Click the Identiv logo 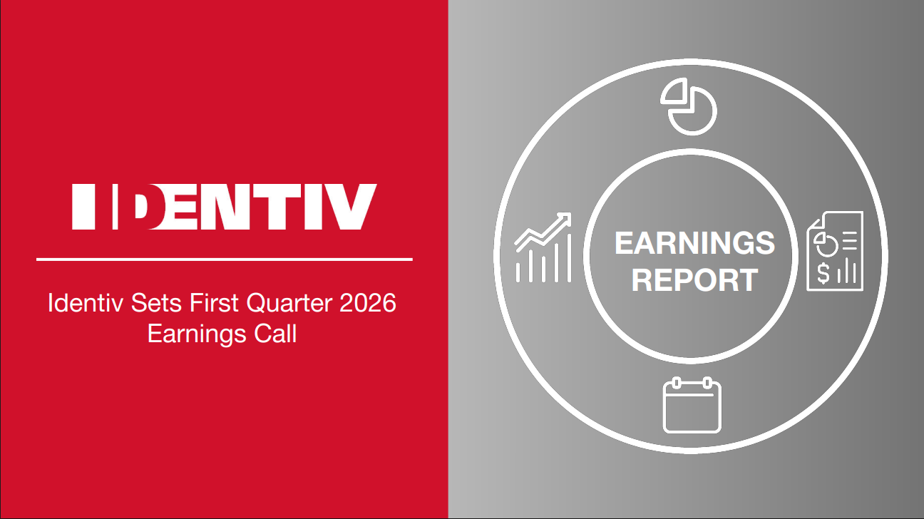[x=225, y=207]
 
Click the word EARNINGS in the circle [x=695, y=243]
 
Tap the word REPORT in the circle [x=695, y=280]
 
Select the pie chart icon [x=689, y=106]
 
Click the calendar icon [x=692, y=405]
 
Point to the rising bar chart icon [x=543, y=247]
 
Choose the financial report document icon [x=835, y=251]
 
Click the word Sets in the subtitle [x=157, y=303]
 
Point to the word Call [x=275, y=334]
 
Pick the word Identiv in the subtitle [x=86, y=303]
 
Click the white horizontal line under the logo [x=225, y=259]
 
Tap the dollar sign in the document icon [x=823, y=274]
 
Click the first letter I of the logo [x=83, y=207]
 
